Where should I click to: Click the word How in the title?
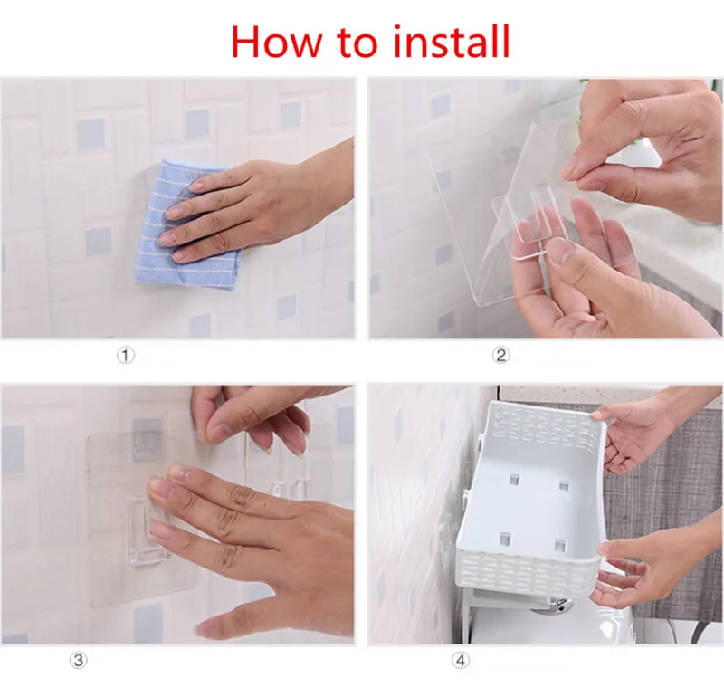coord(276,42)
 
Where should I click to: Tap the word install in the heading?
coord(451,41)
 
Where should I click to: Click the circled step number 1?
coord(125,356)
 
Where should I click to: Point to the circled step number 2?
coord(500,355)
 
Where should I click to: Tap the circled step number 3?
coord(79,660)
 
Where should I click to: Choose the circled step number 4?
coord(461,661)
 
